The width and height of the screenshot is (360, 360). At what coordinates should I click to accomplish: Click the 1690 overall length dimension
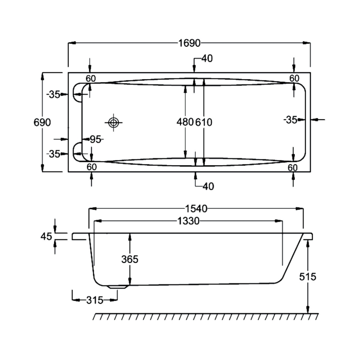pyautogui.click(x=189, y=43)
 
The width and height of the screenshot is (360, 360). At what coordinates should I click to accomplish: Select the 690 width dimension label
pyautogui.click(x=42, y=122)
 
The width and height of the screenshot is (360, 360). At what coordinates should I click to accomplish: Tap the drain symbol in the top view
pyautogui.click(x=113, y=122)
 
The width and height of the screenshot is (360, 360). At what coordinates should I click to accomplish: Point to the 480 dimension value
pyautogui.click(x=185, y=122)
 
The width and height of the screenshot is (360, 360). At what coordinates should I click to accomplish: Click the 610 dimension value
pyautogui.click(x=204, y=122)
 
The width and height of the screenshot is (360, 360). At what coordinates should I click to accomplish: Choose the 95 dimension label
pyautogui.click(x=95, y=139)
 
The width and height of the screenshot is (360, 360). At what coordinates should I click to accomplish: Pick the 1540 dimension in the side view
pyautogui.click(x=196, y=209)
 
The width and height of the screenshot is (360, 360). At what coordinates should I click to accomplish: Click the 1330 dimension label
pyautogui.click(x=189, y=221)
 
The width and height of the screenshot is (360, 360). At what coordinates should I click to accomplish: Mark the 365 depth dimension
pyautogui.click(x=130, y=260)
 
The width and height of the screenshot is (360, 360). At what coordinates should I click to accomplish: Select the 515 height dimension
pyautogui.click(x=308, y=277)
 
